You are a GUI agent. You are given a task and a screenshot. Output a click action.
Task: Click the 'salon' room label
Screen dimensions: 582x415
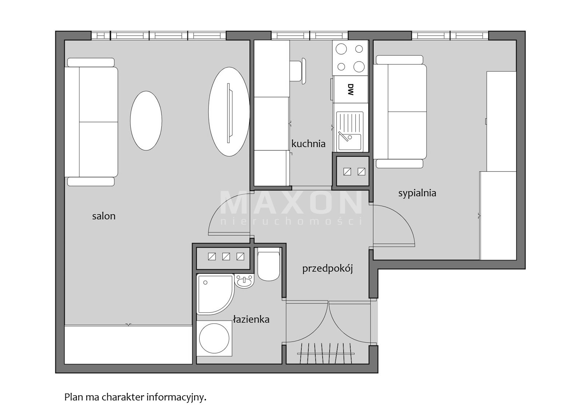pos(104,216)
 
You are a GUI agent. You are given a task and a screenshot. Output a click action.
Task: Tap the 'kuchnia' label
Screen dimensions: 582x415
pos(308,143)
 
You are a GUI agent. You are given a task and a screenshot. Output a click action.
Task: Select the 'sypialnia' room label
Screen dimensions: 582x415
pos(417,193)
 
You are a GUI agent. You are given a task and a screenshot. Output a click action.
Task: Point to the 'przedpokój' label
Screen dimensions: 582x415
pos(328,269)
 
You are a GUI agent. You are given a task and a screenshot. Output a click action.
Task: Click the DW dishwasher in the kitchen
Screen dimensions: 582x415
pos(351,89)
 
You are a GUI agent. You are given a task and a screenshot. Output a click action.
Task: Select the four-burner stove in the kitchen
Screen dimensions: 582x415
pos(350,58)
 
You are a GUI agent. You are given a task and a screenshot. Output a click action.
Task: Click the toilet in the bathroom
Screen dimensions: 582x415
pos(269,264)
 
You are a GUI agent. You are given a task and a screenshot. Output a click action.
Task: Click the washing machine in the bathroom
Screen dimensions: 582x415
pos(214,338)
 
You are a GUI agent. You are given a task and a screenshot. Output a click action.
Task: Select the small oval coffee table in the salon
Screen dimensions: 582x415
pos(146,120)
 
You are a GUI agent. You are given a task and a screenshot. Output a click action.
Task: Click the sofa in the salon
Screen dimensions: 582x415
pos(91,122)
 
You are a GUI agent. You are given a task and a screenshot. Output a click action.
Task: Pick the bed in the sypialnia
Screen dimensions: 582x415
pos(400,111)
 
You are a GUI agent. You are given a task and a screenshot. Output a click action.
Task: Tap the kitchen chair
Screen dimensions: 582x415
pos(298,71)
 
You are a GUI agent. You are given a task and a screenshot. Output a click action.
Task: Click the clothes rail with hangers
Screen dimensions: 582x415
pos(326,353)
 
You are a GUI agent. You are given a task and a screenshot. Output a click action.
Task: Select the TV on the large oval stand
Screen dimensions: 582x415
pos(228,113)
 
